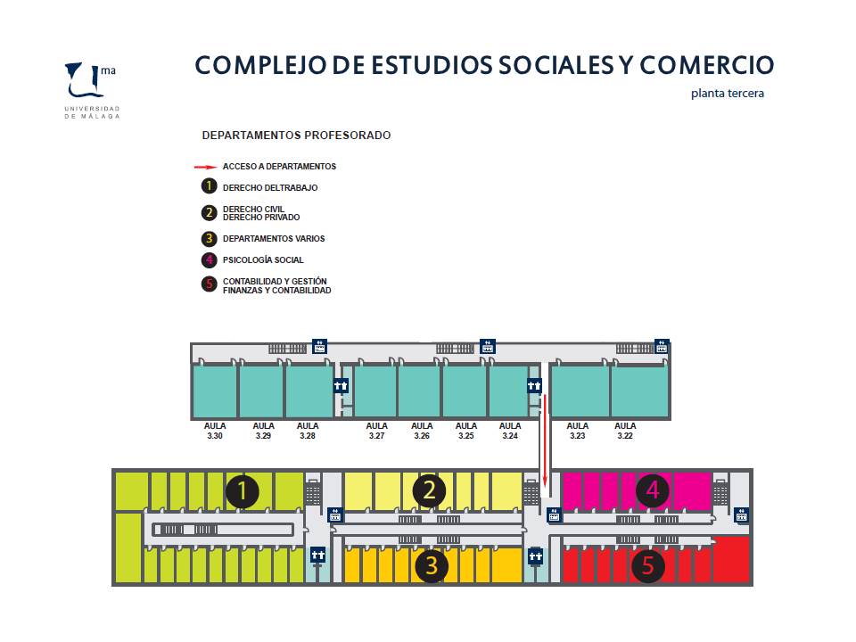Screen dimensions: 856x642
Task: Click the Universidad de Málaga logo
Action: (92, 90)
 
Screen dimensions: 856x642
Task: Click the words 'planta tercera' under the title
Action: (728, 94)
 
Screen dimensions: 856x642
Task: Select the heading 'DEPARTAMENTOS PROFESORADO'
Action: (296, 135)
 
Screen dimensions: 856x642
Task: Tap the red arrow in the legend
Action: (205, 167)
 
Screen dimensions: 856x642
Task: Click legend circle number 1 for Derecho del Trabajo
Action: (209, 186)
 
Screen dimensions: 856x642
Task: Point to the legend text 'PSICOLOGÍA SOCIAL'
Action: (263, 259)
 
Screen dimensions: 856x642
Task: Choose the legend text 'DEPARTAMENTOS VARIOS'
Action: (274, 239)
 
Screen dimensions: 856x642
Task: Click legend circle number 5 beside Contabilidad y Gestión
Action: (209, 284)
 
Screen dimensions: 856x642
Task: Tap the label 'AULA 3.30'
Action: (215, 431)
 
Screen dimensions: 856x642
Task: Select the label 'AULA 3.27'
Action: (376, 431)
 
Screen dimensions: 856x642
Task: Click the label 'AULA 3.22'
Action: (625, 431)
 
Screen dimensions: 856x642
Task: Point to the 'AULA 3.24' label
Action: (510, 431)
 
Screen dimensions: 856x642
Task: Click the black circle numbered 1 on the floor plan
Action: (243, 490)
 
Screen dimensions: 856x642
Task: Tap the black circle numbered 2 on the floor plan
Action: (429, 490)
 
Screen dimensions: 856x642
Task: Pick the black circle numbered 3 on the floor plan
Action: (432, 565)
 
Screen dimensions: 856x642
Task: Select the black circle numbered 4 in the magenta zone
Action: (653, 490)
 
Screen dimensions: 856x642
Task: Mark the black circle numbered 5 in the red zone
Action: (648, 565)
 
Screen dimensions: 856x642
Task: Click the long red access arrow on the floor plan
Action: (545, 440)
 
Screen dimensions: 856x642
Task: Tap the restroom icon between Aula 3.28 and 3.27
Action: (341, 386)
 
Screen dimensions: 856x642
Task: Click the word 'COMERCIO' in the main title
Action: (706, 65)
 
